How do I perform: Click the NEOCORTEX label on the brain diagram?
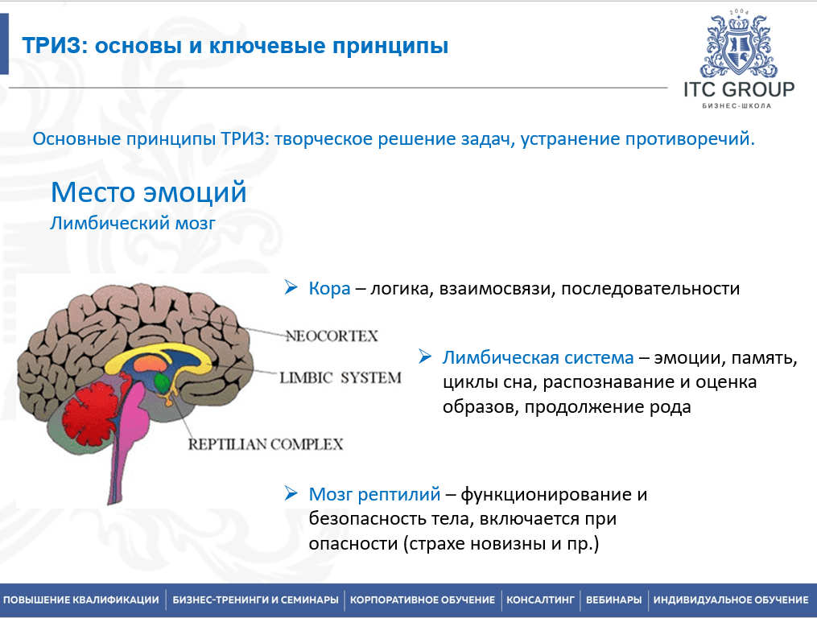point(332,336)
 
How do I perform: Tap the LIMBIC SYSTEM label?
point(340,377)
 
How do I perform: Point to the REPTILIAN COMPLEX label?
point(265,444)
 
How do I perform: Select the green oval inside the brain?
point(162,384)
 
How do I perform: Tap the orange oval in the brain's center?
point(149,363)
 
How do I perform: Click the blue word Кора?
point(329,289)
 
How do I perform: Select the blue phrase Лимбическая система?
point(538,358)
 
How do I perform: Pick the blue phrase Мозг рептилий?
point(374,495)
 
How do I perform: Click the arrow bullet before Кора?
point(291,287)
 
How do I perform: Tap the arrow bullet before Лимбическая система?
point(425,357)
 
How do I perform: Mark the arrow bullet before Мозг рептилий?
point(291,493)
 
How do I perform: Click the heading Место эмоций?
point(148,192)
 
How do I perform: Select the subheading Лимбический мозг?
point(133,224)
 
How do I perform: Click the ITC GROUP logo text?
point(739,89)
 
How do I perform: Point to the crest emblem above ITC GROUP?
point(738,45)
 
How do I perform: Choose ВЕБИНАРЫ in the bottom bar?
point(614,599)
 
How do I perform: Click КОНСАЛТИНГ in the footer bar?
point(540,599)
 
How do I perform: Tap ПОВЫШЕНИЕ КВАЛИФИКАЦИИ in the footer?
point(80,599)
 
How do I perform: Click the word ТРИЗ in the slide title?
point(52,46)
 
